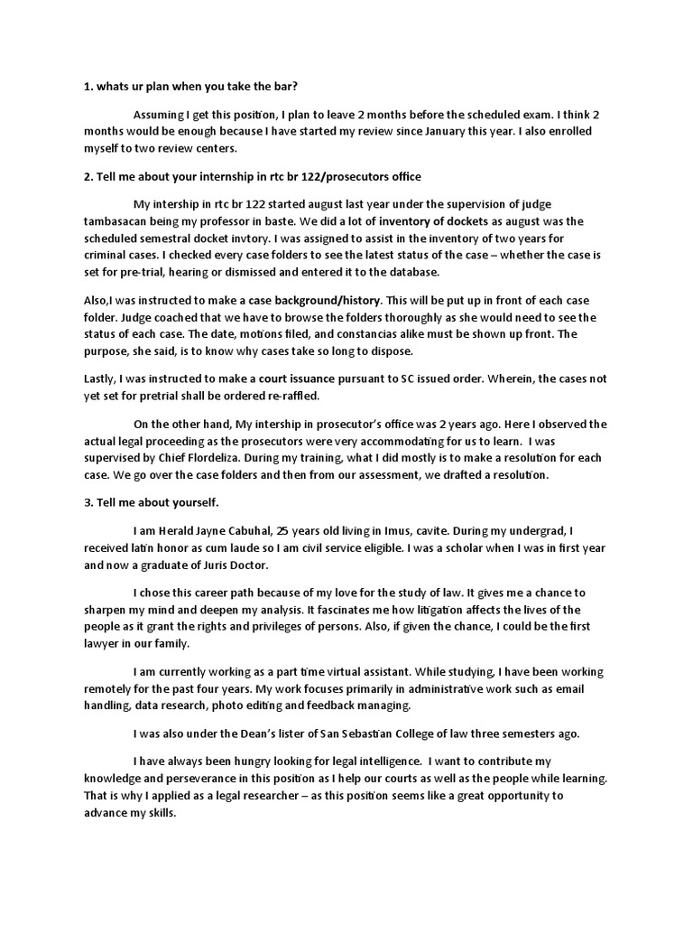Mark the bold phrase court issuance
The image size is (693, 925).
pyautogui.click(x=284, y=379)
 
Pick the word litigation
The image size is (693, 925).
pyautogui.click(x=472, y=610)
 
